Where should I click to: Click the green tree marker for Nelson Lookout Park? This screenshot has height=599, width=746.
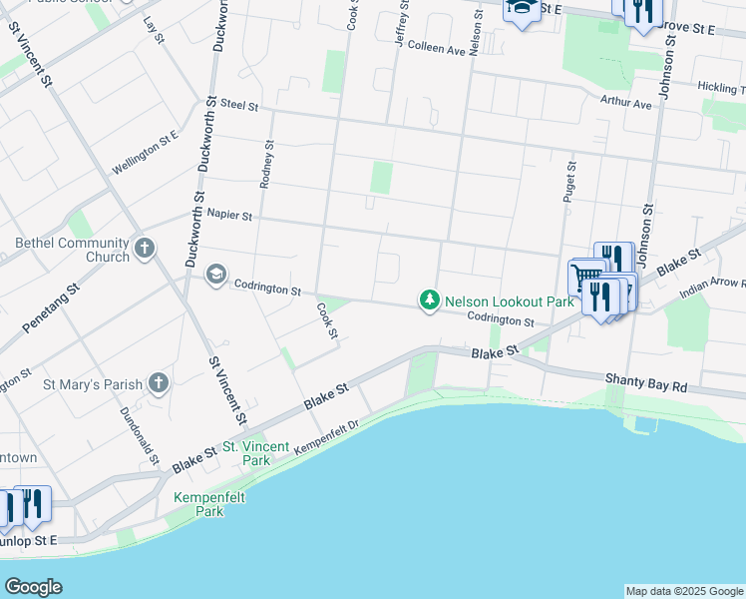click(430, 300)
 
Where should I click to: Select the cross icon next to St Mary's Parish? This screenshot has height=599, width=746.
click(158, 382)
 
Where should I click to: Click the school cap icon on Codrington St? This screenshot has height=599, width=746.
click(215, 275)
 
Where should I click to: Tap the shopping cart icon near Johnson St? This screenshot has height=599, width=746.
click(585, 276)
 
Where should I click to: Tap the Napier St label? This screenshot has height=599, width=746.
click(229, 215)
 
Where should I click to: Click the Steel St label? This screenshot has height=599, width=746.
click(239, 104)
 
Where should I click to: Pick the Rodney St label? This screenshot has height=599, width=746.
click(266, 164)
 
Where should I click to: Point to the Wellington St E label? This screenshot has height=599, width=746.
click(146, 153)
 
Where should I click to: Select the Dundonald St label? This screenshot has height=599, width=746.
click(153, 436)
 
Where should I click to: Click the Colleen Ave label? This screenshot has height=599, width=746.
click(436, 48)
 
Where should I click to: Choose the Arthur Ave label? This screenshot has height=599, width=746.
click(625, 102)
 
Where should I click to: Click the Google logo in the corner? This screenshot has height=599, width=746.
click(33, 587)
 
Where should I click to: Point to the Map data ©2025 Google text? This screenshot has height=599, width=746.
click(684, 591)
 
